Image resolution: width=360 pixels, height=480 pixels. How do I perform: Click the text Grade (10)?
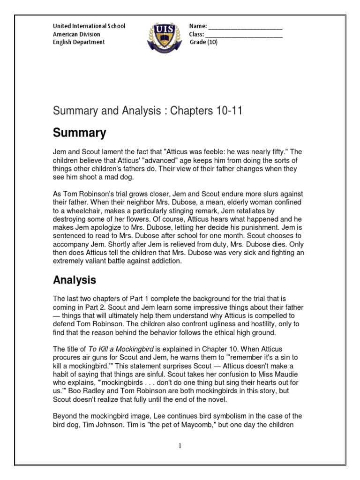pyautogui.click(x=203, y=42)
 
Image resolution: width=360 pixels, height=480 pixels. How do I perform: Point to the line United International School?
pyautogui.click(x=89, y=26)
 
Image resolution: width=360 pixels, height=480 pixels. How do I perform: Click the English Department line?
pyautogui.click(x=79, y=42)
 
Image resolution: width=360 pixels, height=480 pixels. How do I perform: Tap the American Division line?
pyautogui.click(x=76, y=34)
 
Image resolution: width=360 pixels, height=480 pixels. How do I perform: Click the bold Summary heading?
pyautogui.click(x=79, y=133)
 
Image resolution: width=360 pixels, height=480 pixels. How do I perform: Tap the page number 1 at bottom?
pyautogui.click(x=180, y=446)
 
